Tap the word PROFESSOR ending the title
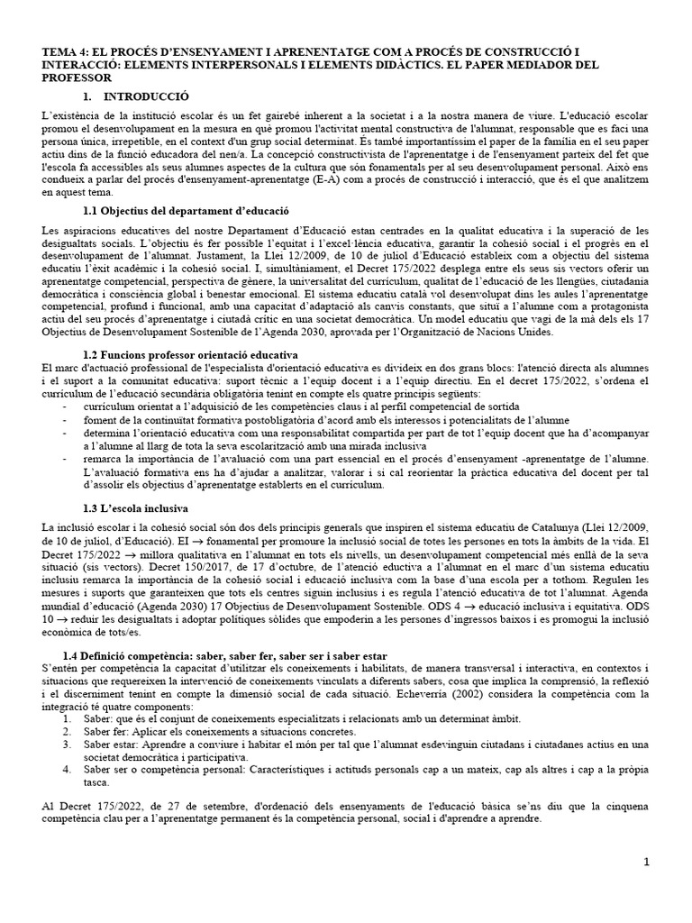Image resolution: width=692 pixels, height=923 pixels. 77,78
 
